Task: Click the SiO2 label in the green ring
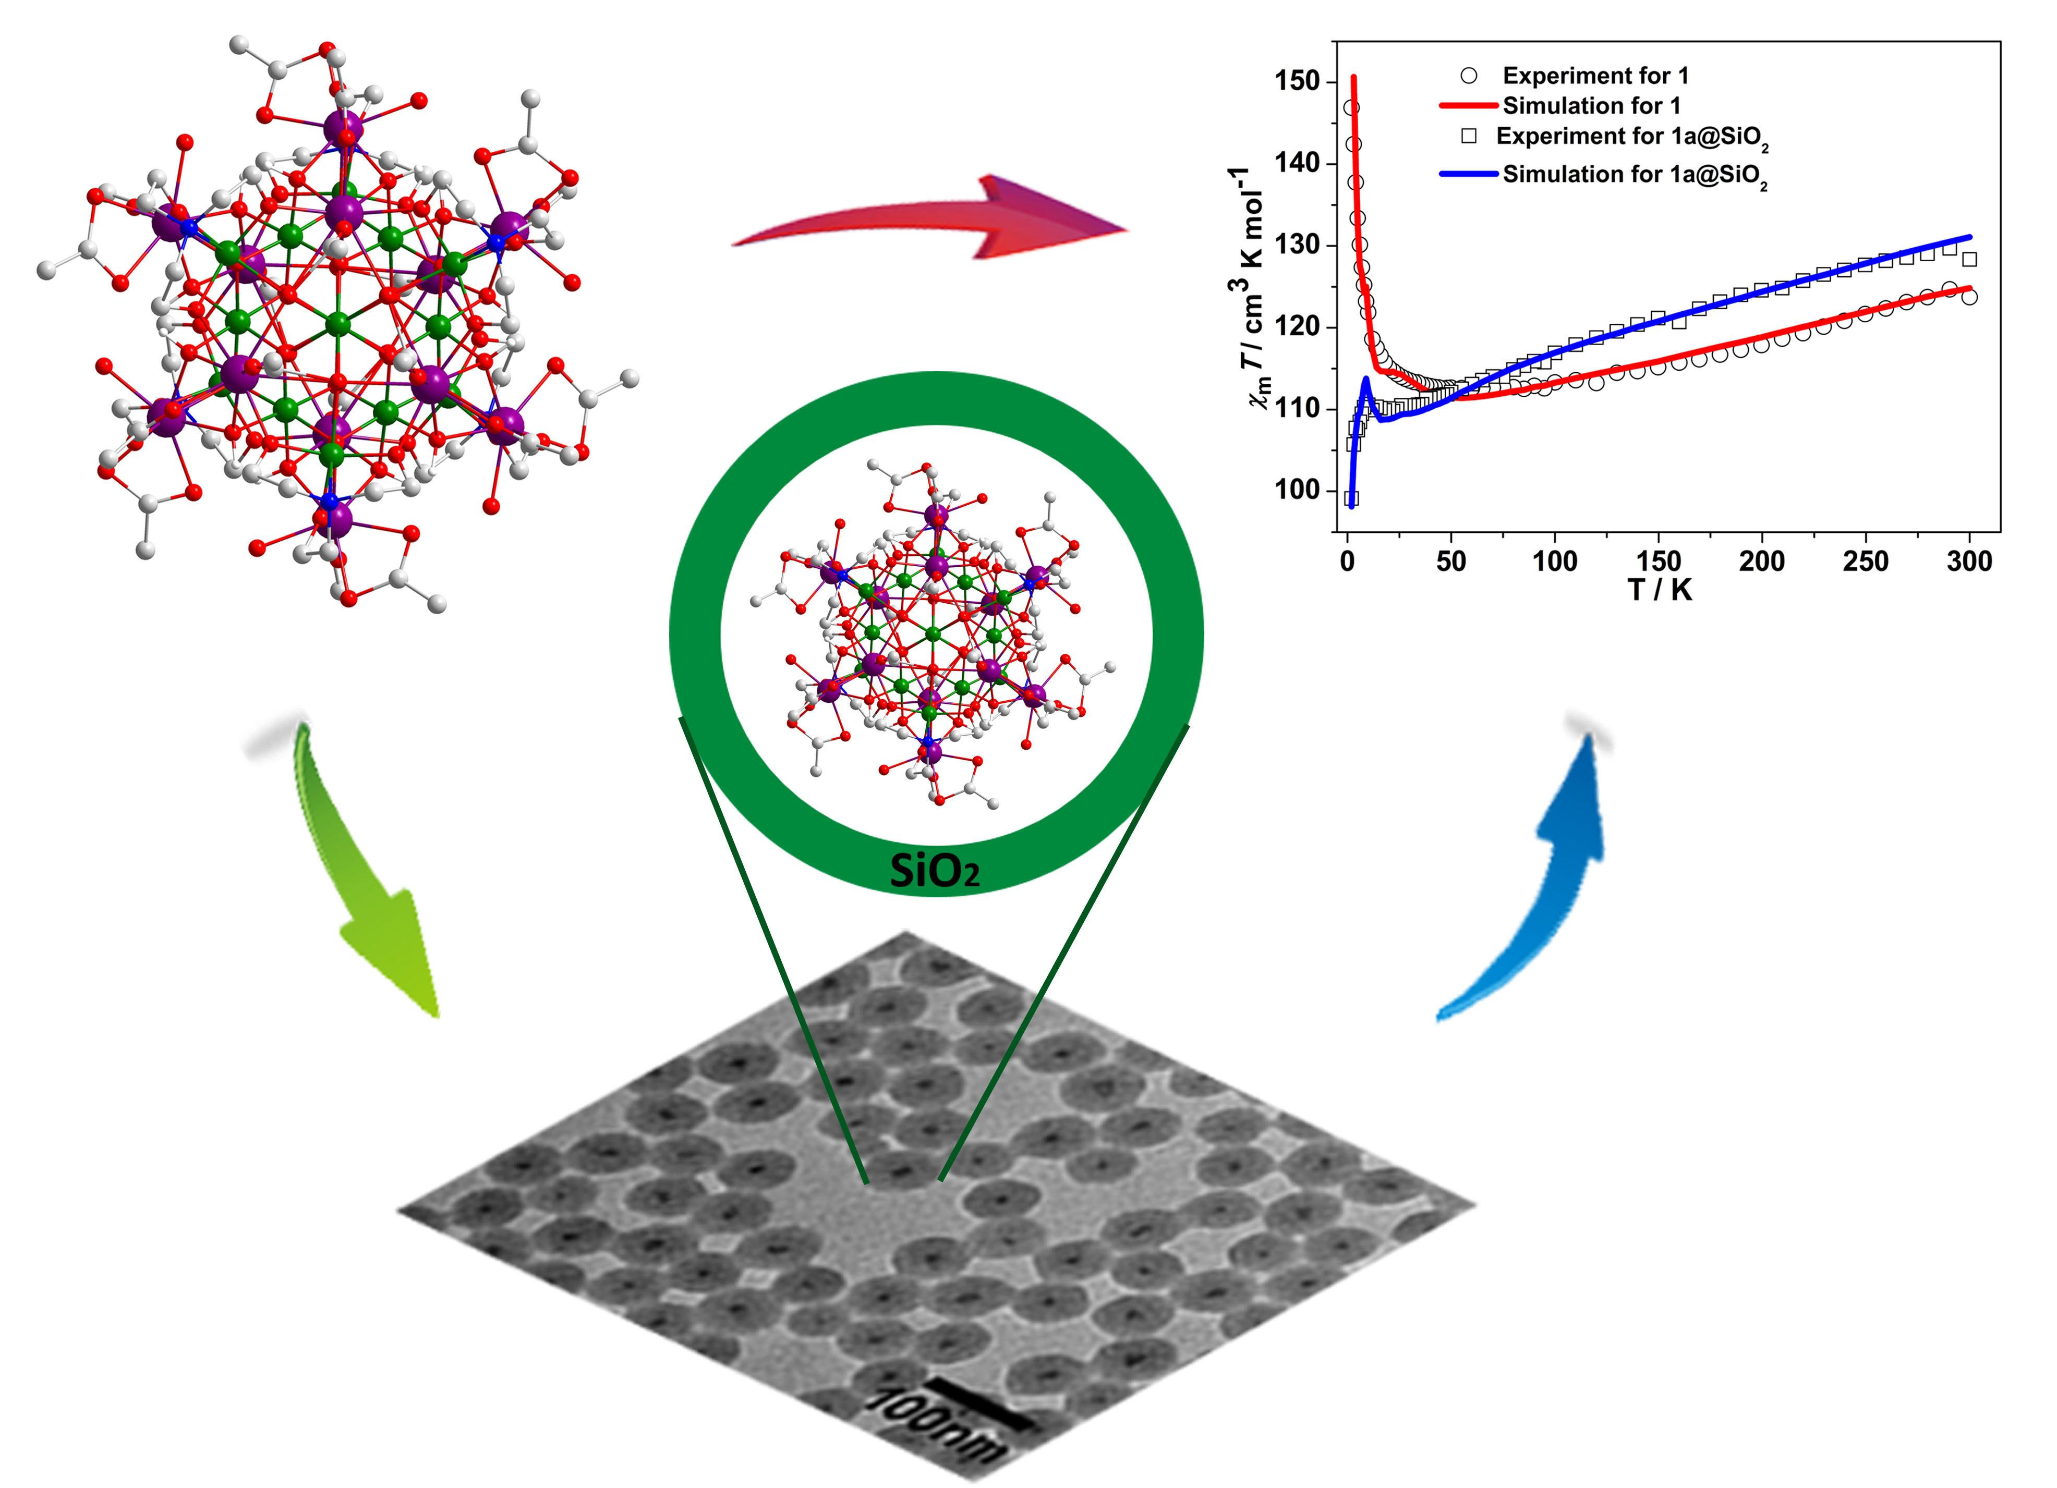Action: (x=934, y=871)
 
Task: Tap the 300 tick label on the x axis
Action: (x=1969, y=562)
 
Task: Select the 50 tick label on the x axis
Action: (x=1451, y=562)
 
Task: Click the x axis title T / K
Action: (x=1660, y=591)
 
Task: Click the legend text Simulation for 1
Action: (x=1592, y=106)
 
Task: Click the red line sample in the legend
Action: (x=1468, y=106)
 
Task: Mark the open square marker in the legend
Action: (x=1469, y=136)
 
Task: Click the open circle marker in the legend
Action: (x=1469, y=75)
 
